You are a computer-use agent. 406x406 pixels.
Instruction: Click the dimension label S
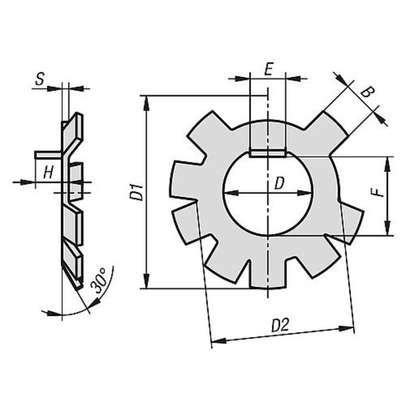pos(40,79)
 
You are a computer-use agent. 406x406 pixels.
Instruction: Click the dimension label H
pos(49,173)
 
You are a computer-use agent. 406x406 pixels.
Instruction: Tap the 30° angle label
pos(99,280)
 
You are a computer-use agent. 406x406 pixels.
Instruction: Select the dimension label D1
pos(137,192)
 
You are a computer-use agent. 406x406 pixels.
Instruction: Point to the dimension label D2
pos(280,325)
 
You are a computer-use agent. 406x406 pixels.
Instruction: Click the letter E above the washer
pos(269,69)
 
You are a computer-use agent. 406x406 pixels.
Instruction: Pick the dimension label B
pos(367,92)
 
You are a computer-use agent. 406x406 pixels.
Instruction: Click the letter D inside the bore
pos(279,183)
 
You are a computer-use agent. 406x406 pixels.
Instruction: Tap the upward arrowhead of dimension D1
pos(147,103)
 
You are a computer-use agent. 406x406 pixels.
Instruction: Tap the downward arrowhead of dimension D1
pos(147,281)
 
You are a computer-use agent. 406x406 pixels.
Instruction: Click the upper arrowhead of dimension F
pos(387,164)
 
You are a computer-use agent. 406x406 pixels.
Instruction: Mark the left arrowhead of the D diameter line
pos(231,193)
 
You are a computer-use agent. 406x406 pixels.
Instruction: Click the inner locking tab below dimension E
pos(268,154)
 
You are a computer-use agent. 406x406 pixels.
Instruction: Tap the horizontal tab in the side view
pos(49,154)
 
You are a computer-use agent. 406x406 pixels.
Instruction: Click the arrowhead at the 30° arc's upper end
pos(96,302)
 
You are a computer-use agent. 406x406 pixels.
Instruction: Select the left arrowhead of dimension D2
pos(219,341)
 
